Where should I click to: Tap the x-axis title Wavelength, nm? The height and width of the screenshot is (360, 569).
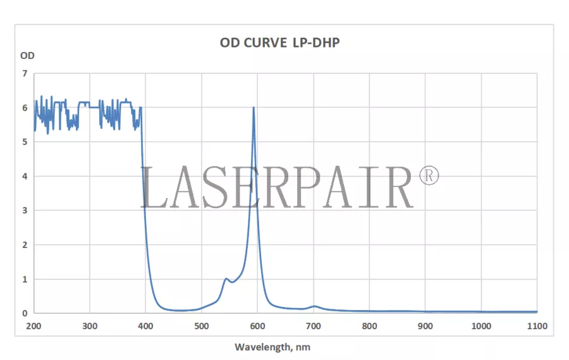pos(272,347)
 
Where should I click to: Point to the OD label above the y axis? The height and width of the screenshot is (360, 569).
pos(27,55)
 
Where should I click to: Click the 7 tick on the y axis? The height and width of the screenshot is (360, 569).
pos(25,73)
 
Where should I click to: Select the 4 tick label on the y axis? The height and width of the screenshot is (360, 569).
pos(25,176)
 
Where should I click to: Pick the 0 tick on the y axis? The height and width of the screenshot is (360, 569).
pos(25,313)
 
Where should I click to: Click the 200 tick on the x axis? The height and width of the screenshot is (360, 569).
pos(34,326)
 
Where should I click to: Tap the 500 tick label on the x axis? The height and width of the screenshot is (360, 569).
pos(202,326)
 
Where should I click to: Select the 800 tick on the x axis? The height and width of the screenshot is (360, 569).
pos(370,326)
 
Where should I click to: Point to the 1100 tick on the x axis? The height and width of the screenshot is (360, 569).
pos(537,326)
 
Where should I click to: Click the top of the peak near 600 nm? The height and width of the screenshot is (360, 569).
pos(254,108)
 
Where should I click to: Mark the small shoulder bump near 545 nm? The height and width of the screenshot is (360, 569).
pos(226,278)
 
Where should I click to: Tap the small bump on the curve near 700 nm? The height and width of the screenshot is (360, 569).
pos(314,306)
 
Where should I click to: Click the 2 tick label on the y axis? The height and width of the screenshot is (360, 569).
pos(25,245)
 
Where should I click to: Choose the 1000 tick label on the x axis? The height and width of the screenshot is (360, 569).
pos(481,326)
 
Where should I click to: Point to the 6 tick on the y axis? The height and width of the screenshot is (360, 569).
pos(25,108)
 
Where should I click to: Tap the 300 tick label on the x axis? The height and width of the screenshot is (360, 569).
pos(90,326)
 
